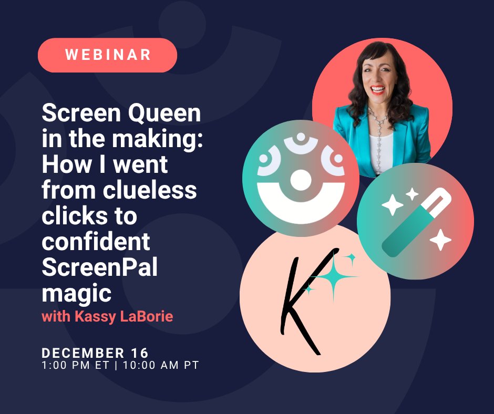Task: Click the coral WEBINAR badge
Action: [x=107, y=55]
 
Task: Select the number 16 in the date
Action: [x=139, y=353]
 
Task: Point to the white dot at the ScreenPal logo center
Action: [x=301, y=180]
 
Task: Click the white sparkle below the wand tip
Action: [x=440, y=240]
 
